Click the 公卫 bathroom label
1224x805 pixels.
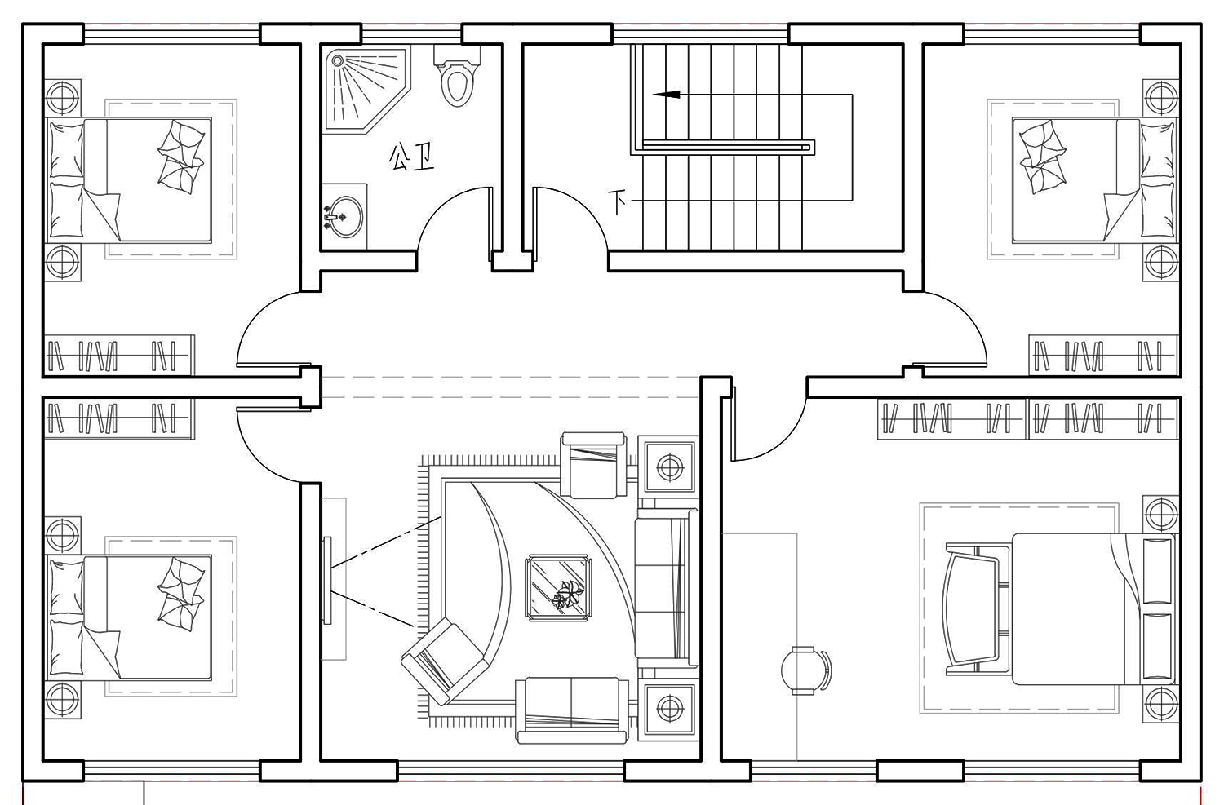point(411,157)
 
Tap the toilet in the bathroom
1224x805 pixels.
point(457,76)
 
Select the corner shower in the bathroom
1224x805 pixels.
point(365,89)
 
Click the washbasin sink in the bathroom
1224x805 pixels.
point(344,217)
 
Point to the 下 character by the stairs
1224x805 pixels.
point(618,202)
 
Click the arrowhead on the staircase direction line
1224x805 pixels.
point(667,95)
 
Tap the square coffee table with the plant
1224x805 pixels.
point(558,588)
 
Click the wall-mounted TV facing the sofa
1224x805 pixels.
point(327,580)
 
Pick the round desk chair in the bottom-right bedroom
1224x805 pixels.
point(805,670)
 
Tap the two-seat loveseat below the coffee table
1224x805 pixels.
point(571,710)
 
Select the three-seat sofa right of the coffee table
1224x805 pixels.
point(667,588)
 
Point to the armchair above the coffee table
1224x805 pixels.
point(594,465)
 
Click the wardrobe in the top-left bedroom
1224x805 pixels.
point(118,356)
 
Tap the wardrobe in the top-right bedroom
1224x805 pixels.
point(1103,356)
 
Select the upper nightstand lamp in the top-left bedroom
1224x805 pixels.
point(63,98)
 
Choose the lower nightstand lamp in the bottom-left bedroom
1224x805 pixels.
point(63,698)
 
